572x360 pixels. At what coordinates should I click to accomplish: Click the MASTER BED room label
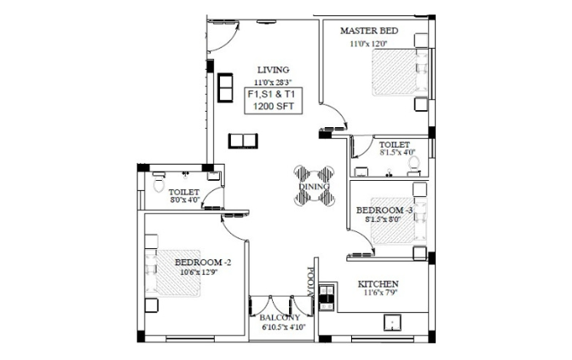coord(369,31)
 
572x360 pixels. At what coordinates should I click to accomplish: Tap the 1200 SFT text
coord(274,107)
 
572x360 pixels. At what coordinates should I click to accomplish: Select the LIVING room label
coord(274,70)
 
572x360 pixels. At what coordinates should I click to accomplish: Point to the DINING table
coord(314,186)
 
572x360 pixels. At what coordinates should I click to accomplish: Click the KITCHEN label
coord(378,284)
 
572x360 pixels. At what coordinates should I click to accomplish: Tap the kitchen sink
coord(392,322)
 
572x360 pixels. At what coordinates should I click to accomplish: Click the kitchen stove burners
coord(326,297)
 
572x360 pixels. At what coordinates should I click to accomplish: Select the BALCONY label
coord(280,318)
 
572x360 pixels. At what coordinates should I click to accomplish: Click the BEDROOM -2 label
coord(203,263)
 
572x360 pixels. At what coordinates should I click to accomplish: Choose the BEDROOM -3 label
coord(384,211)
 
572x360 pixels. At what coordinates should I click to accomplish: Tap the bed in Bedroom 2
coord(173,273)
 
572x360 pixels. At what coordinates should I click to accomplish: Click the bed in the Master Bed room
coord(400,73)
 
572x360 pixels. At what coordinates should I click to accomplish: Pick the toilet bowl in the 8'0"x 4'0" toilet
coord(159,183)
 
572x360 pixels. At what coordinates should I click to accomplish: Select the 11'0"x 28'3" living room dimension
coord(274,82)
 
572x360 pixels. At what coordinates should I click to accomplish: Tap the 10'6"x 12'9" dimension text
coord(199,271)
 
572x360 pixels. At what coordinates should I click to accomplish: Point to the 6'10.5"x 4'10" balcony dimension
coord(284,327)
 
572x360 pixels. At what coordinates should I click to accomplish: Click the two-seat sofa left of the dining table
coord(243,141)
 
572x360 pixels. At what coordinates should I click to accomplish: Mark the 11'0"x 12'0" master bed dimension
coord(368,44)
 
